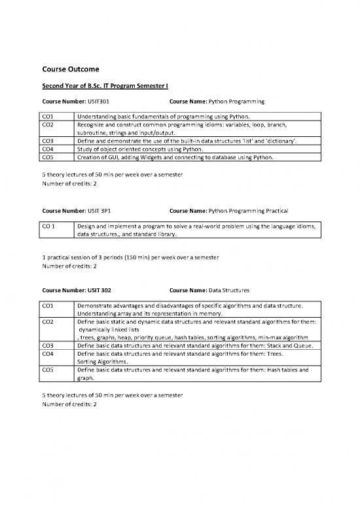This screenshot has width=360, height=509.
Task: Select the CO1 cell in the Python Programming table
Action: coord(47,116)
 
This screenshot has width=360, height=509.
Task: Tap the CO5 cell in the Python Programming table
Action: coord(47,157)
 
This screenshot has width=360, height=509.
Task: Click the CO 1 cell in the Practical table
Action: coord(48,227)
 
